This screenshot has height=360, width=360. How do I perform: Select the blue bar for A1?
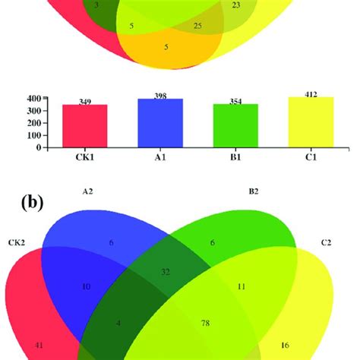pos(160,123)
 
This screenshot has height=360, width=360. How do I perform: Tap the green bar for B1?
pos(235,126)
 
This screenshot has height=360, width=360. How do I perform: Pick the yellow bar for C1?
pos(311,122)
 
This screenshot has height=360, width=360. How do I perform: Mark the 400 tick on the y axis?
pos(33,99)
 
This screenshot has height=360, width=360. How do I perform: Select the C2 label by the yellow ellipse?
pos(325,242)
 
